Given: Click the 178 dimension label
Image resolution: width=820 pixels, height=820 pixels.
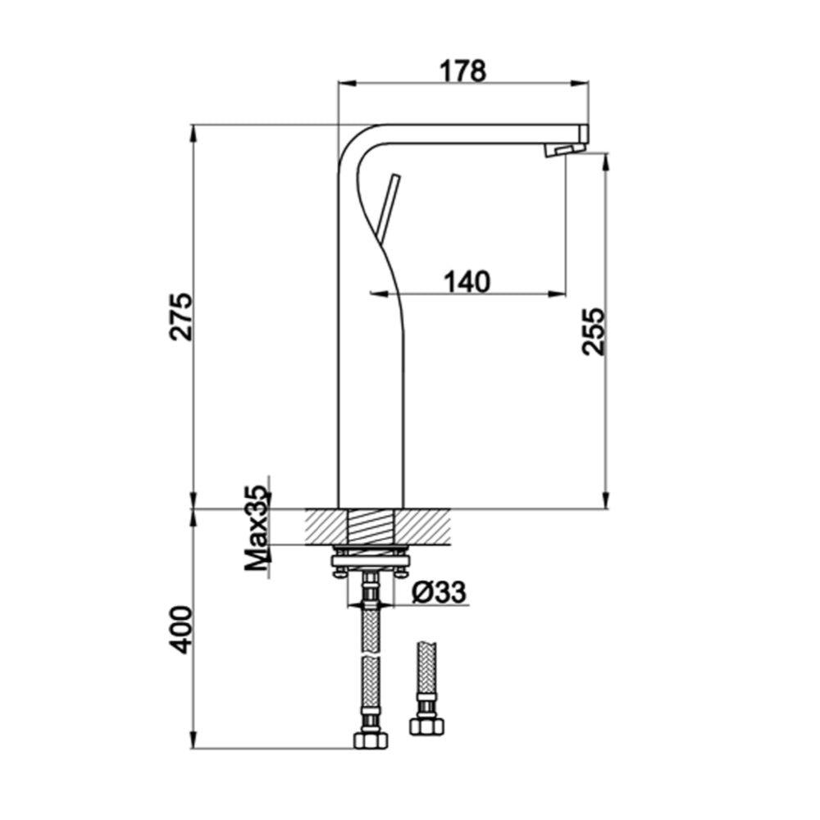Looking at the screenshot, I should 463,71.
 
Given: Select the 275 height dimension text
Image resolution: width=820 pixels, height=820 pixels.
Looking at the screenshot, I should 181,315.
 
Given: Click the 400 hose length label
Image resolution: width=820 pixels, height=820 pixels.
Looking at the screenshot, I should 181,630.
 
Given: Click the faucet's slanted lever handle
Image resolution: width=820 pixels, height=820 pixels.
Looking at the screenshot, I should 385,205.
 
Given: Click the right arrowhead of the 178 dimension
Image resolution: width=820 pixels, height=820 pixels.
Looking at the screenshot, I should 583,83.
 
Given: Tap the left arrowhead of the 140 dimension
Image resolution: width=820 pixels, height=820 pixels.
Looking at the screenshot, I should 375,293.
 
